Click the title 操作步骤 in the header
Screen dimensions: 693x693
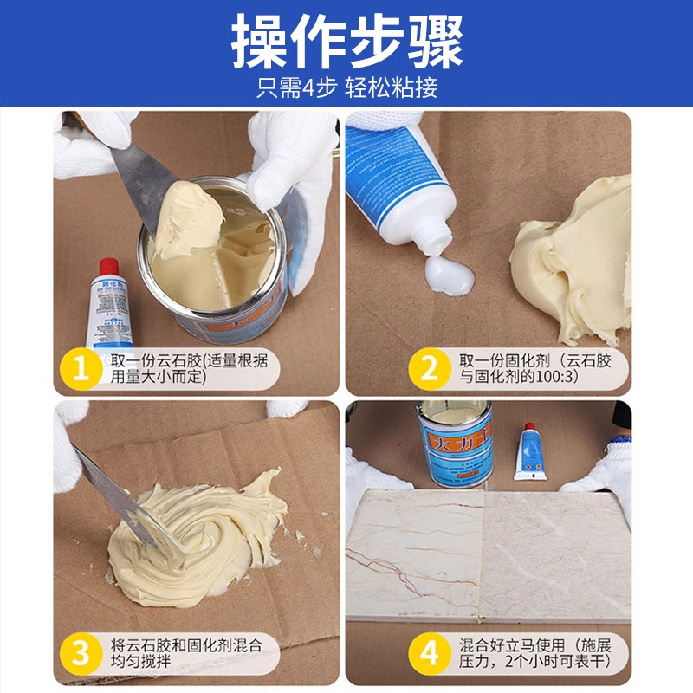pos(346,42)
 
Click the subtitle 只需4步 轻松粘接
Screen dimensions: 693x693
pos(346,87)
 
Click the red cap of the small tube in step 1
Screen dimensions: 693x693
pos(107,266)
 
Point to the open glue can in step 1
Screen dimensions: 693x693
pos(217,260)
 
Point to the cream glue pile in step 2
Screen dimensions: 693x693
pos(576,251)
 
